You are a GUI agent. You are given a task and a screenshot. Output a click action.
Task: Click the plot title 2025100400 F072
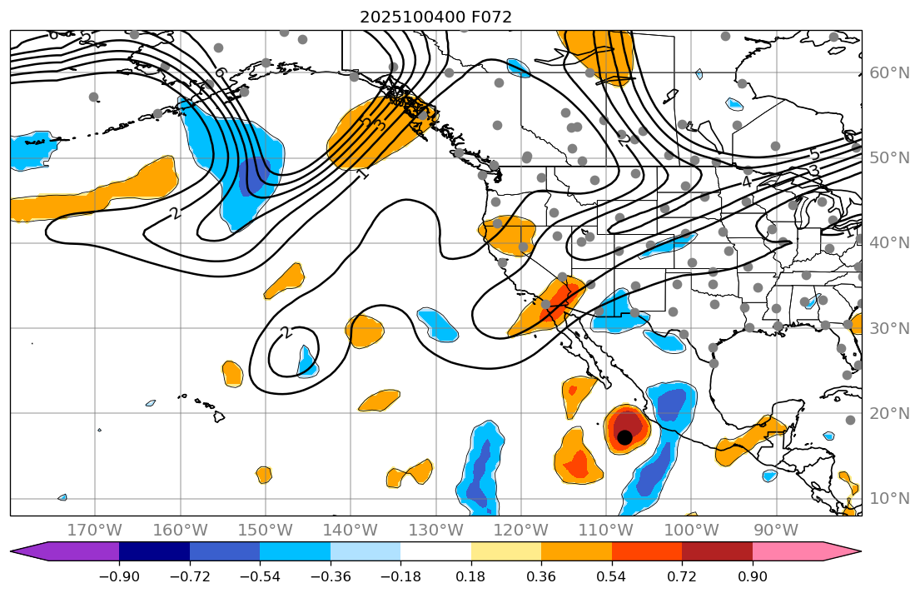pos(435,17)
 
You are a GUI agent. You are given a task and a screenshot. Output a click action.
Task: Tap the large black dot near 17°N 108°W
pos(624,436)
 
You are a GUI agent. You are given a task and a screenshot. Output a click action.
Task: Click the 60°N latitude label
pos(888,73)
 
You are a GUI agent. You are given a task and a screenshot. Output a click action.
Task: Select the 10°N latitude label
pos(888,499)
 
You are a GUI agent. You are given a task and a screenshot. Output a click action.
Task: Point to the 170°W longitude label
pos(95,530)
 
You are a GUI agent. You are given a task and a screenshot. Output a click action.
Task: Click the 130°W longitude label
pos(435,530)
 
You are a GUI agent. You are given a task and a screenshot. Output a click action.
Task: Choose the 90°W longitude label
pos(776,530)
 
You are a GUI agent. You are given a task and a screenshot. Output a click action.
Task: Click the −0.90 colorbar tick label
pos(119,577)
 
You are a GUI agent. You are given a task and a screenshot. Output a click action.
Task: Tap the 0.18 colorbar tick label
pos(470,577)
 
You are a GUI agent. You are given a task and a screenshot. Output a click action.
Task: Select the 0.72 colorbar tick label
pos(682,577)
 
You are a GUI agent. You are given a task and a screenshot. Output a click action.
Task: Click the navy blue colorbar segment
pos(154,551)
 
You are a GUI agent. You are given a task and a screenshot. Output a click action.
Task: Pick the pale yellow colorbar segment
pos(505,551)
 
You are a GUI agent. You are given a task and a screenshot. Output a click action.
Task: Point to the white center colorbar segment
pos(435,551)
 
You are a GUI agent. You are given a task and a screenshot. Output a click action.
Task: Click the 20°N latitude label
pos(888,414)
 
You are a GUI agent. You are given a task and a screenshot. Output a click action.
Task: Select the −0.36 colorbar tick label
pos(330,577)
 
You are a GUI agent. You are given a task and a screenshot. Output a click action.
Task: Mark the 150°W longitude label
pos(265,530)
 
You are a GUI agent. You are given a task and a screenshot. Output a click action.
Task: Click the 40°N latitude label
pos(888,243)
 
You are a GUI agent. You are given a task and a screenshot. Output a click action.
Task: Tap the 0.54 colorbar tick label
pos(611,577)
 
